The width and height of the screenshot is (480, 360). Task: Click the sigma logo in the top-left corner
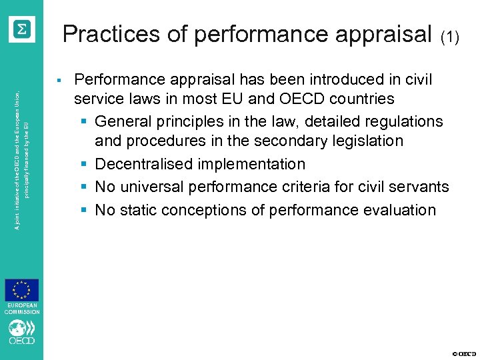pos(22,28)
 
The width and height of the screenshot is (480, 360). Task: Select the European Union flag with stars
pos(22,291)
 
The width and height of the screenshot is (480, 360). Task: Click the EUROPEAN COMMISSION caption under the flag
pos(22,309)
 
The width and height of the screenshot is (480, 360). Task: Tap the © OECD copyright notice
pos(464,353)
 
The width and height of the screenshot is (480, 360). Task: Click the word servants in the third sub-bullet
pos(421,187)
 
